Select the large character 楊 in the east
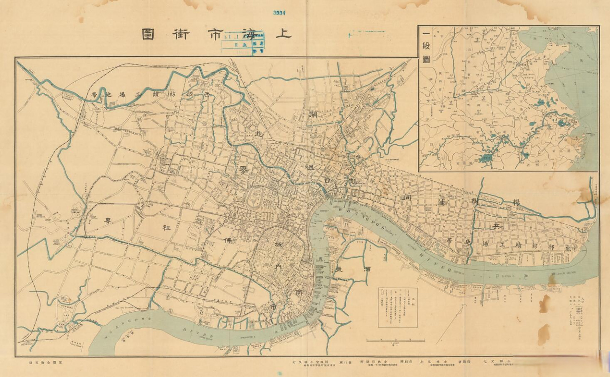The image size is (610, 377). (x=516, y=202)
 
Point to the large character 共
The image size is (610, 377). (x=497, y=226)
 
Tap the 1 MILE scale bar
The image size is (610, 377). (x=395, y=340)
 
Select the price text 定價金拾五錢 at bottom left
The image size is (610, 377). (x=44, y=362)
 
